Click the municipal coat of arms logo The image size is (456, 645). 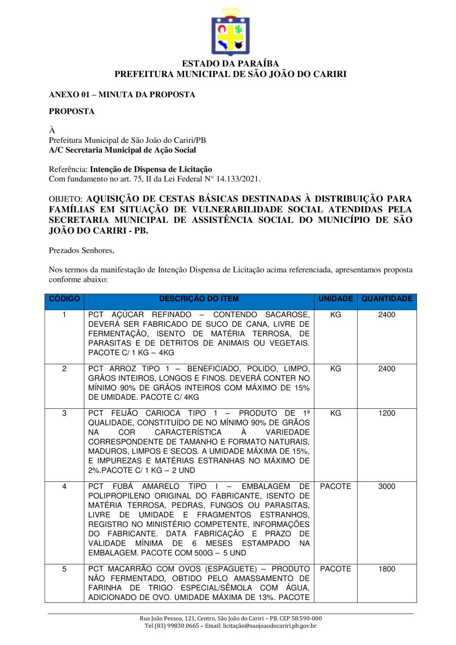(x=230, y=31)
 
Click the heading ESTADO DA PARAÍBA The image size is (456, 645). (x=230, y=64)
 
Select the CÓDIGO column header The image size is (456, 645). (x=64, y=299)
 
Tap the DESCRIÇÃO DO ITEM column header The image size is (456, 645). (x=199, y=299)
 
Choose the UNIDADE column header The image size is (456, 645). (x=335, y=299)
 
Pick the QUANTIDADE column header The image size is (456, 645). (x=387, y=299)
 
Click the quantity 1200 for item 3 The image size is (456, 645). (x=387, y=413)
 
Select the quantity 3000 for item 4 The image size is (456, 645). (x=387, y=486)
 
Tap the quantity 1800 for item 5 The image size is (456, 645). (x=387, y=569)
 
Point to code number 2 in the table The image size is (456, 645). (x=64, y=369)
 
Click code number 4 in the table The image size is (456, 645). (x=64, y=486)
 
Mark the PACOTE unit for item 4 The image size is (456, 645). (x=335, y=486)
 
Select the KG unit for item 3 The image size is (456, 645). (x=335, y=413)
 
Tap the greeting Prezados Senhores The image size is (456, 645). (x=82, y=250)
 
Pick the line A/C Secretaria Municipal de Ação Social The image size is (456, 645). (x=122, y=150)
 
